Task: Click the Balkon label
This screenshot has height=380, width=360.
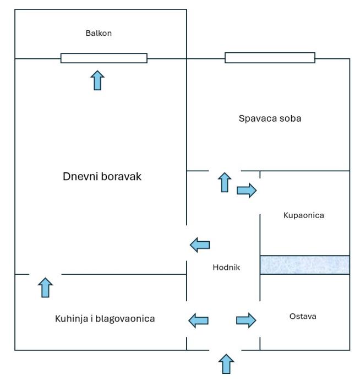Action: click(x=99, y=33)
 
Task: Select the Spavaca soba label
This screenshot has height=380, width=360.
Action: click(x=270, y=118)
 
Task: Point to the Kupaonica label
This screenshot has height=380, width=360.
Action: click(x=303, y=215)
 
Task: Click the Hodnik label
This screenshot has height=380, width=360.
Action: click(x=226, y=268)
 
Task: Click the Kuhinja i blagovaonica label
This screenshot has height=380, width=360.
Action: click(x=105, y=318)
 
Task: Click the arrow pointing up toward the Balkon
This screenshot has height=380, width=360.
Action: click(x=97, y=80)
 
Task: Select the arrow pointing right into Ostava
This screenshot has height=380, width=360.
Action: click(x=246, y=320)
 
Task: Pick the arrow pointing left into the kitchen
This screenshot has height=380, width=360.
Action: click(x=199, y=320)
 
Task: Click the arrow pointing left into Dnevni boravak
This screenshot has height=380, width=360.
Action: click(x=200, y=245)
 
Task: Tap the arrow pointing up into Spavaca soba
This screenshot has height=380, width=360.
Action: click(x=224, y=182)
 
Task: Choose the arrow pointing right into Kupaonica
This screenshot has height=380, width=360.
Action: click(x=247, y=191)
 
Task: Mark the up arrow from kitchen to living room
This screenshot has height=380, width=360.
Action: click(x=46, y=287)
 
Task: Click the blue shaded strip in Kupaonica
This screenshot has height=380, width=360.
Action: click(x=304, y=264)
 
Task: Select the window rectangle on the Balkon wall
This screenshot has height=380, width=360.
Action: click(x=103, y=58)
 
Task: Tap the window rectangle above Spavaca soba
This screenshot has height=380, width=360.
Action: click(x=270, y=58)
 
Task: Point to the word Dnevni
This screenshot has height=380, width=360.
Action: click(x=80, y=177)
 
